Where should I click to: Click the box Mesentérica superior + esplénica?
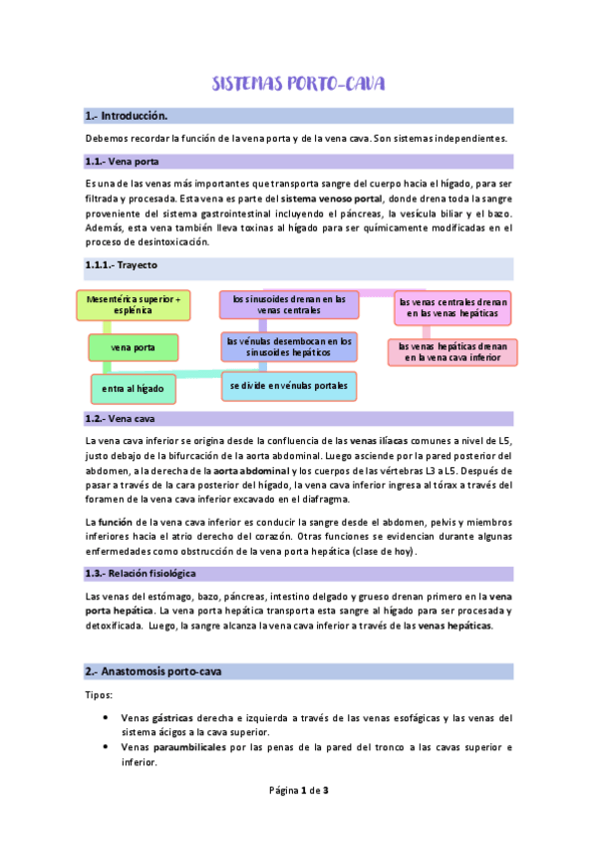(134, 304)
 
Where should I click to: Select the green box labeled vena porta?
(133, 347)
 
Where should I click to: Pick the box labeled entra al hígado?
(133, 387)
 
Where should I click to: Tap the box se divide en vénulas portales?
(289, 384)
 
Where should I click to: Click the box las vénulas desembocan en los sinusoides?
(288, 346)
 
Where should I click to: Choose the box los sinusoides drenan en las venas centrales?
(288, 304)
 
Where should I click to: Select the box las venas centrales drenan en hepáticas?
(452, 307)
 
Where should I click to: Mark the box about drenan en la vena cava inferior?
(451, 351)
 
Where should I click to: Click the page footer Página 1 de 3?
(299, 818)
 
